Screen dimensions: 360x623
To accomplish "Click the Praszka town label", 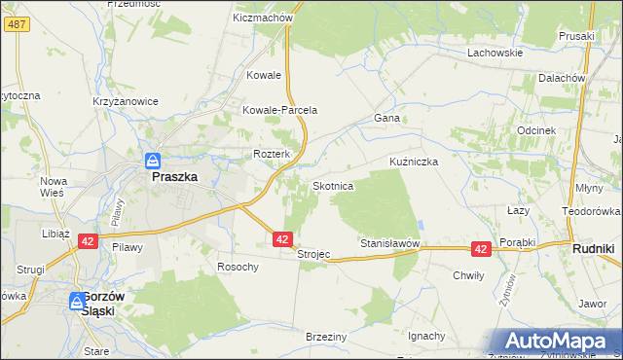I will [x=174, y=178].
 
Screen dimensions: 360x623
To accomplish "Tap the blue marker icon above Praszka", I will [x=153, y=161].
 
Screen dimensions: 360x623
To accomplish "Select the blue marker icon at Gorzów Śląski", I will [x=78, y=303].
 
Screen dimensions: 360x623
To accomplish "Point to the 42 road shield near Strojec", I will [x=281, y=238].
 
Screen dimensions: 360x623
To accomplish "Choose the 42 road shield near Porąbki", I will [x=480, y=249].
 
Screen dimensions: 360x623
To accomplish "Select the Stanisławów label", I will [x=389, y=242].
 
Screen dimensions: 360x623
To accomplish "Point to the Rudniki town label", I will [x=592, y=248].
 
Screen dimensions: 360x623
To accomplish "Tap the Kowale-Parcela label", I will [x=280, y=110].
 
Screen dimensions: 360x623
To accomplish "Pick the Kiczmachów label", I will [x=263, y=18].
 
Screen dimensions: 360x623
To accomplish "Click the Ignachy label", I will [x=426, y=336].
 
